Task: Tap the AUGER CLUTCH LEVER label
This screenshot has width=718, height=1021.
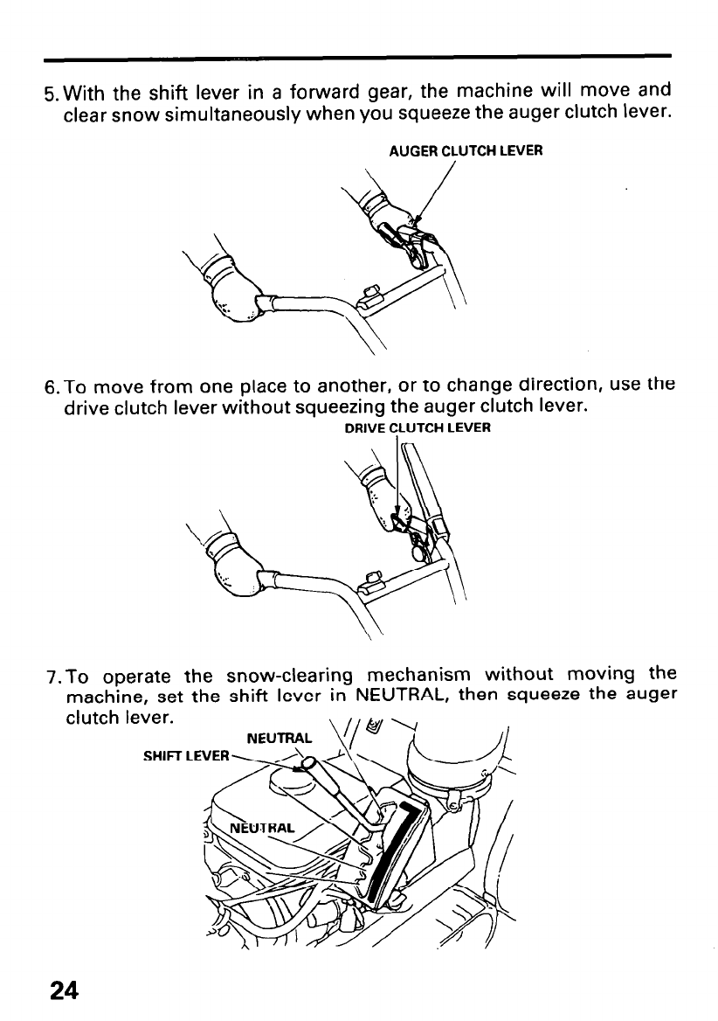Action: [x=466, y=149]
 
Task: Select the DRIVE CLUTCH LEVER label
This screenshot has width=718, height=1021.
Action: [x=418, y=428]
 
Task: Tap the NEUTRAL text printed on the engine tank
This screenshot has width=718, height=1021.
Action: [x=263, y=828]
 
